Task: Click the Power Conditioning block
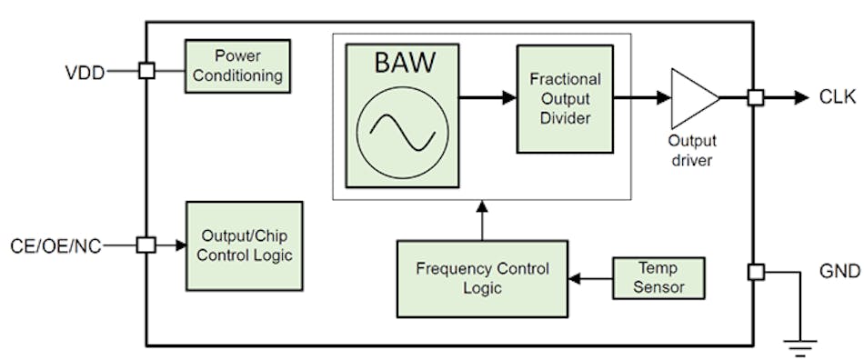tap(237, 65)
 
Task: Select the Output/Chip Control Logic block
tap(244, 245)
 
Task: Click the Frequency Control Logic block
tap(482, 278)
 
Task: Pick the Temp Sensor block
tap(659, 277)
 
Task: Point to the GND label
tap(838, 272)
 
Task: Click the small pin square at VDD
tap(146, 71)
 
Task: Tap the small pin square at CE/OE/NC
tap(146, 245)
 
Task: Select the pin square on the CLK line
tap(755, 97)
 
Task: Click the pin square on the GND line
tap(755, 271)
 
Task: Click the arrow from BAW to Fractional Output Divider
tap(487, 96)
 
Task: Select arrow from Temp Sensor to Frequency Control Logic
tap(590, 277)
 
